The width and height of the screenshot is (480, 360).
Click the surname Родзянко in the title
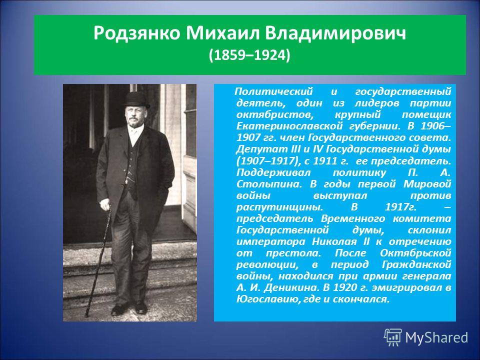tap(136, 33)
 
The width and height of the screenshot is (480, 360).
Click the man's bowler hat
tap(136, 100)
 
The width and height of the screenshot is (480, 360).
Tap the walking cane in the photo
tap(98, 262)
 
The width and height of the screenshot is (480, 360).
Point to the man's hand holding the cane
tap(104, 205)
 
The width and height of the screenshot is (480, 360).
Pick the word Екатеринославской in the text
tap(289, 126)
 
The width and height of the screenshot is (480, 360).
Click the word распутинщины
tap(279, 207)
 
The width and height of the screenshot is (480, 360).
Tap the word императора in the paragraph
tap(271, 242)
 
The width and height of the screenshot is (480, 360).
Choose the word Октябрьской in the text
tap(415, 253)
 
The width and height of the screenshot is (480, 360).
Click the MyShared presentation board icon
tap(393, 337)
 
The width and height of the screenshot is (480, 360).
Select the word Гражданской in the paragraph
tap(416, 264)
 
